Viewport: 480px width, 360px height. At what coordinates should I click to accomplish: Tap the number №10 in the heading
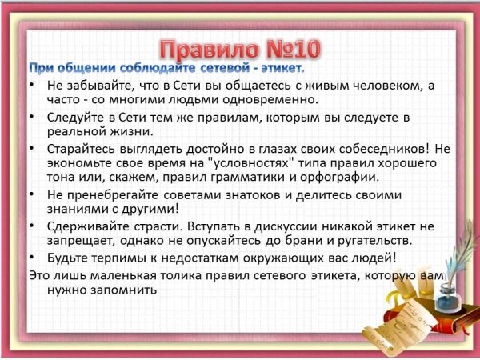pos(294,49)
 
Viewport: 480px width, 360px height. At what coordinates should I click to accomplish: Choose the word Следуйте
pos(75,118)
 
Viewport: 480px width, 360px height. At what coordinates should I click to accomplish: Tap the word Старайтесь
pos(82,149)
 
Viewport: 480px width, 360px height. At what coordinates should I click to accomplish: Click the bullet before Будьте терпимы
pos(32,257)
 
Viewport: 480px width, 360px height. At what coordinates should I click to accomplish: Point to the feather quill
pos(459,251)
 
